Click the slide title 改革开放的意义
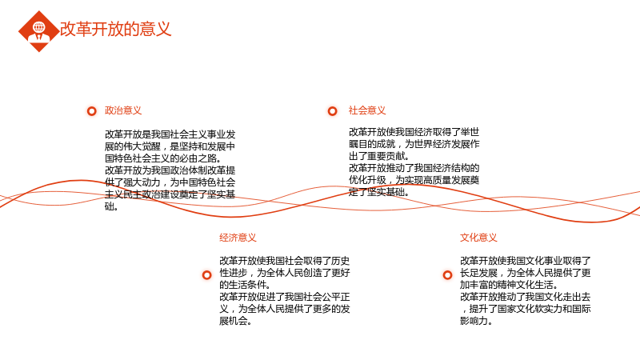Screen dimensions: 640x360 (x=115, y=29)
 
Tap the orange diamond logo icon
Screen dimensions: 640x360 (x=39, y=31)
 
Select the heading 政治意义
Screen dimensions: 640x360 (x=123, y=110)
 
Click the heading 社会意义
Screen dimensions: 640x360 (x=367, y=110)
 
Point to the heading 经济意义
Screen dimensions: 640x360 (x=238, y=238)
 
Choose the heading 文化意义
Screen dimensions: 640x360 (x=478, y=238)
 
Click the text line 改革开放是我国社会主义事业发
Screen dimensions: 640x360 (x=170, y=134)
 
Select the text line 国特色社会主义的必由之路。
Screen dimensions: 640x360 (x=163, y=158)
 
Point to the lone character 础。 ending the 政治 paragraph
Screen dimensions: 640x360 (x=111, y=206)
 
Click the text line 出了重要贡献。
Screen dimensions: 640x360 (x=379, y=156)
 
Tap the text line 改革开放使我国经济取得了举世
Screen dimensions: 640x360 (x=414, y=132)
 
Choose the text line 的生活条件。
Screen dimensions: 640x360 (x=245, y=285)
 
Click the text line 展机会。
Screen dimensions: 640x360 (x=235, y=321)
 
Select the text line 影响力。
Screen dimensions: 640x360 (x=476, y=321)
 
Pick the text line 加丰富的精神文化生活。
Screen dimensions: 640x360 (x=509, y=285)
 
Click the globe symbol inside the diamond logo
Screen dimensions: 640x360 (x=39, y=27)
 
